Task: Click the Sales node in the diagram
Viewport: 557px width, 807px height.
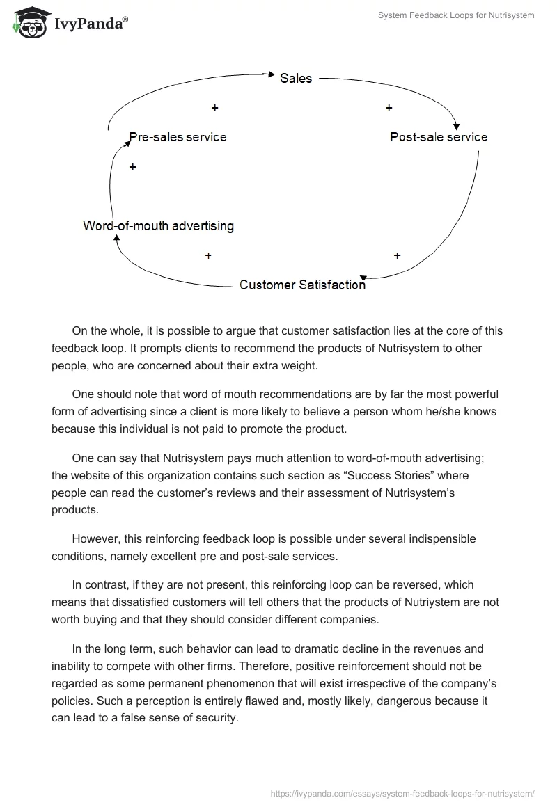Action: [296, 79]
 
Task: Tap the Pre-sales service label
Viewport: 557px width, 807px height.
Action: [178, 137]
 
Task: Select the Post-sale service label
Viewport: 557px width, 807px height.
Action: [439, 137]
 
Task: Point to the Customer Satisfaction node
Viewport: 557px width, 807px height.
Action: [302, 285]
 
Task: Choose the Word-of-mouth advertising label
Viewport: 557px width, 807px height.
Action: [158, 225]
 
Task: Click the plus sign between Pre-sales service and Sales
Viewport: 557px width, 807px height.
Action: [214, 108]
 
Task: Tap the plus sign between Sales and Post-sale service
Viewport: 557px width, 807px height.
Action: [389, 108]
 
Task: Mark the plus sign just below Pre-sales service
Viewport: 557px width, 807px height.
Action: [132, 167]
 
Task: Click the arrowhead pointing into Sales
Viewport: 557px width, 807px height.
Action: [273, 72]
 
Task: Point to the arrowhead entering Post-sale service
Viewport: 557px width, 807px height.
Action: [456, 126]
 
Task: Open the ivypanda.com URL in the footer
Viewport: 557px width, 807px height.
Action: [402, 792]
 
